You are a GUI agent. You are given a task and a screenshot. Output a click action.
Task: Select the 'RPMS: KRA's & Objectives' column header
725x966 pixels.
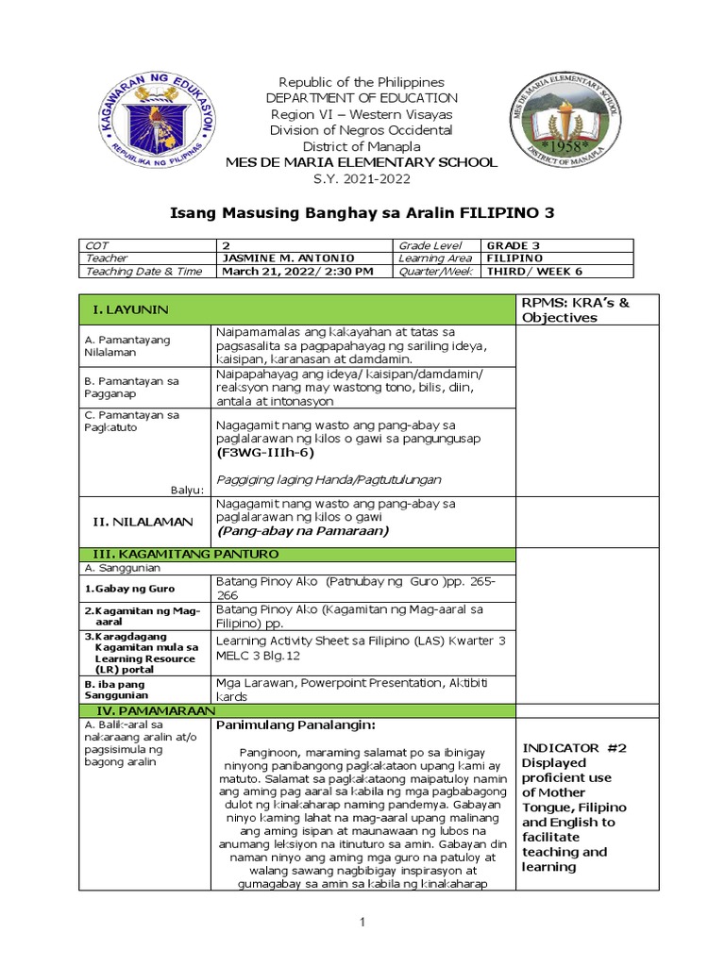click(574, 309)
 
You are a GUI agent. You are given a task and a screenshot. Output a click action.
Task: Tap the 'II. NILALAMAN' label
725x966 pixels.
click(142, 522)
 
